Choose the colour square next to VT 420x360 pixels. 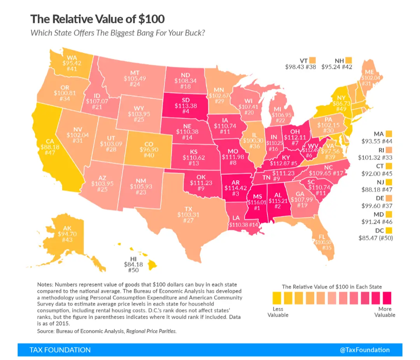click(x=313, y=60)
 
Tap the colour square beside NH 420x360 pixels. click(x=348, y=60)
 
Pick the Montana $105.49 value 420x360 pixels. click(x=135, y=79)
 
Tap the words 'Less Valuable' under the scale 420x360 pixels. click(x=278, y=312)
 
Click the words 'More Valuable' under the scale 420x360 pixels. click(x=385, y=312)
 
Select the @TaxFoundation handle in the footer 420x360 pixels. click(x=364, y=350)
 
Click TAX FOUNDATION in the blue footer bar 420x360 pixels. click(x=60, y=350)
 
